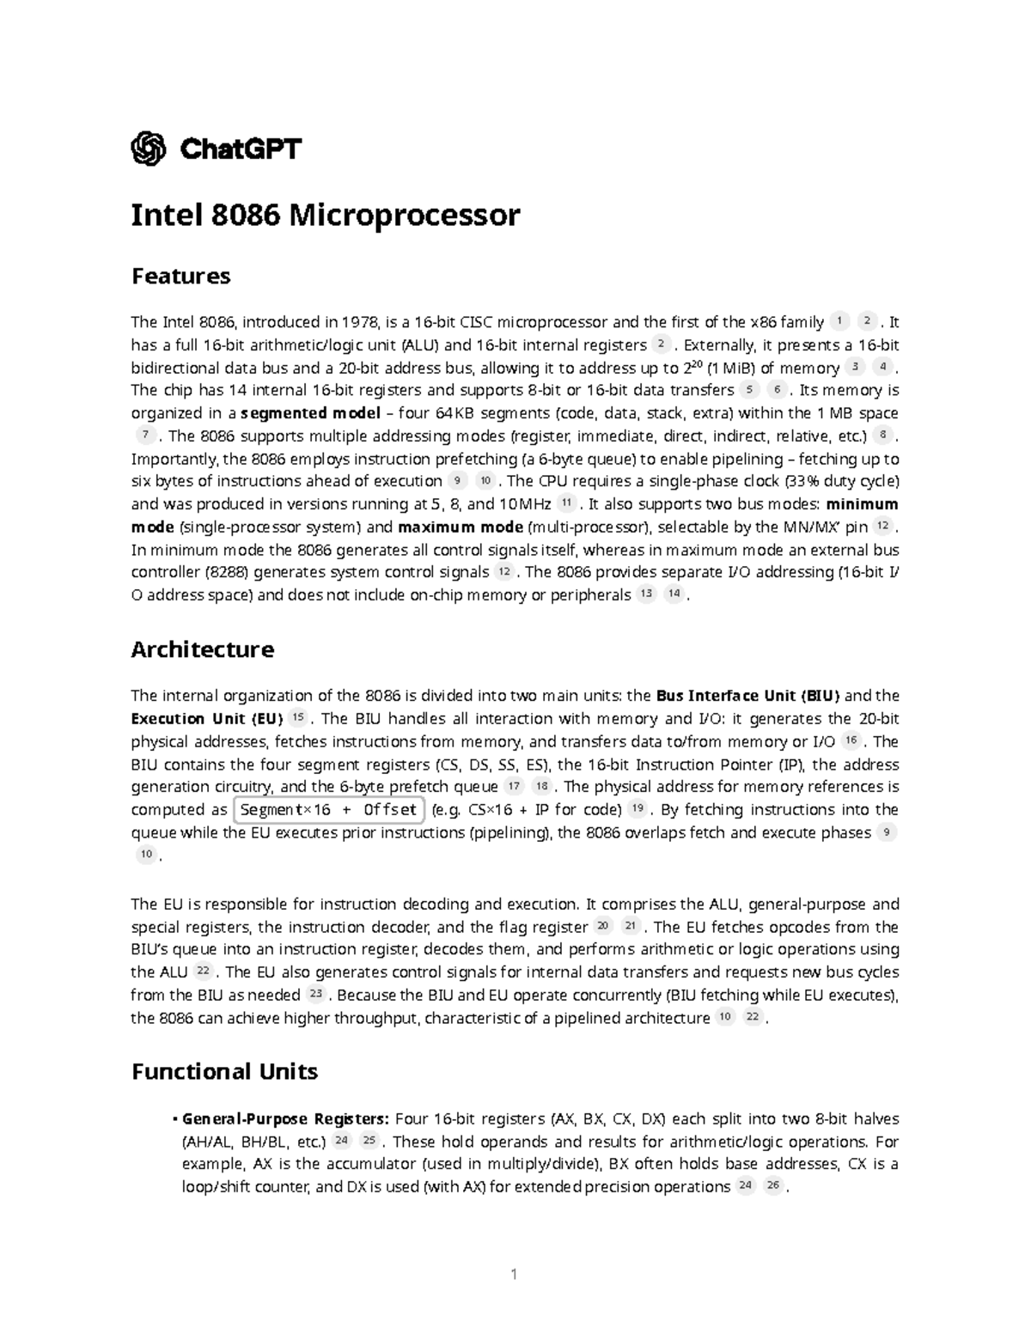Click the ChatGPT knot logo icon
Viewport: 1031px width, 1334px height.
[148, 149]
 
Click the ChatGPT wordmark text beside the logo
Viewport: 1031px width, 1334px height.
[241, 149]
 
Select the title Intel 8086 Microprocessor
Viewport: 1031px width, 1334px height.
[325, 215]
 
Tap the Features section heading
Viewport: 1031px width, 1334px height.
[180, 276]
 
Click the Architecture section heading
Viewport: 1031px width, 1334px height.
[202, 649]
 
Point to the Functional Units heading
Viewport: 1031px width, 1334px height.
[224, 1071]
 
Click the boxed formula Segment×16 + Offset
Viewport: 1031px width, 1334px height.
[328, 809]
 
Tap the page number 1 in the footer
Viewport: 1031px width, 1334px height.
[514, 1274]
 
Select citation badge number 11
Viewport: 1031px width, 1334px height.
[565, 503]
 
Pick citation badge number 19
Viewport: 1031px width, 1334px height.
[636, 808]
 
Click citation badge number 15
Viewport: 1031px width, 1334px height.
[298, 718]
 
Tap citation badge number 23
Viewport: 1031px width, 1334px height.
[315, 995]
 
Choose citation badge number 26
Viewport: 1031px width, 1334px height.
[772, 1186]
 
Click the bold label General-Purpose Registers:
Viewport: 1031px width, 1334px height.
[286, 1119]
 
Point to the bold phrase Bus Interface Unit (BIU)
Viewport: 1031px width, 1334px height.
[747, 696]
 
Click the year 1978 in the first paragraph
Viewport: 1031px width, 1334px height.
[359, 323]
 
